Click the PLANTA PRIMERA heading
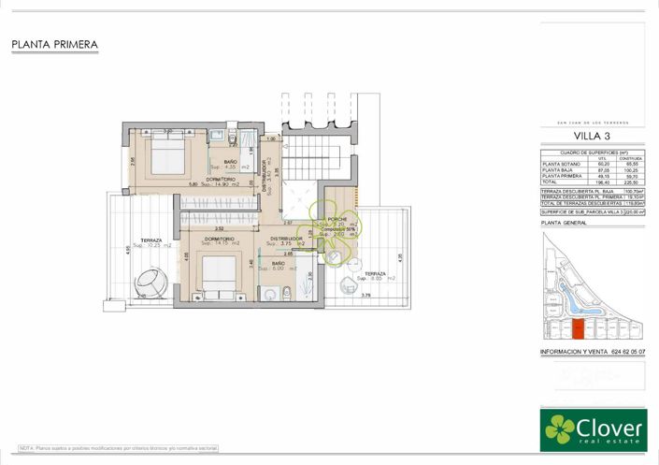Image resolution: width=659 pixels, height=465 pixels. pos(54,44)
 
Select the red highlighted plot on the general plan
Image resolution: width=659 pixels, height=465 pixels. pos(577,328)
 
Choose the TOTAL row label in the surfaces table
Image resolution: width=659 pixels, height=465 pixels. pos(552,182)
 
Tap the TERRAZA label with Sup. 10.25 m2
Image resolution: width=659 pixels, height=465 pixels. pos(146,240)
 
